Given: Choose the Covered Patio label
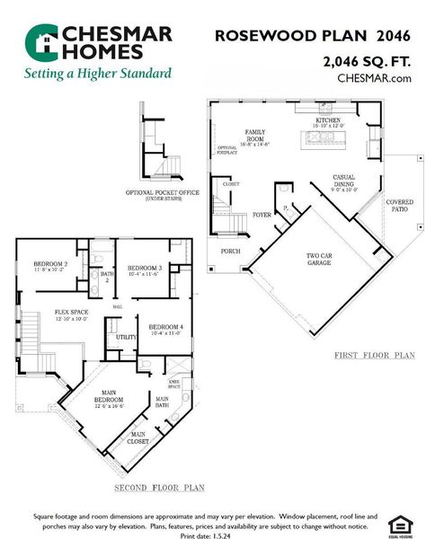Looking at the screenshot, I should coord(399,206).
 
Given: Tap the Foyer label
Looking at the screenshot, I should coord(262,216).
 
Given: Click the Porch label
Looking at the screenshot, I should coord(230,251).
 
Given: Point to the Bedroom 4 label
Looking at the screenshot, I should coord(165,329).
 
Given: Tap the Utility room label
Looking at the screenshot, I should coord(126,337).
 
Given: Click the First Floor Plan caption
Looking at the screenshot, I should coord(374,356).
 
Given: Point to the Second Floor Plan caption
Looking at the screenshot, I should coord(159,488).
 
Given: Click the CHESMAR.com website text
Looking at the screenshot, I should coord(374,78).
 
